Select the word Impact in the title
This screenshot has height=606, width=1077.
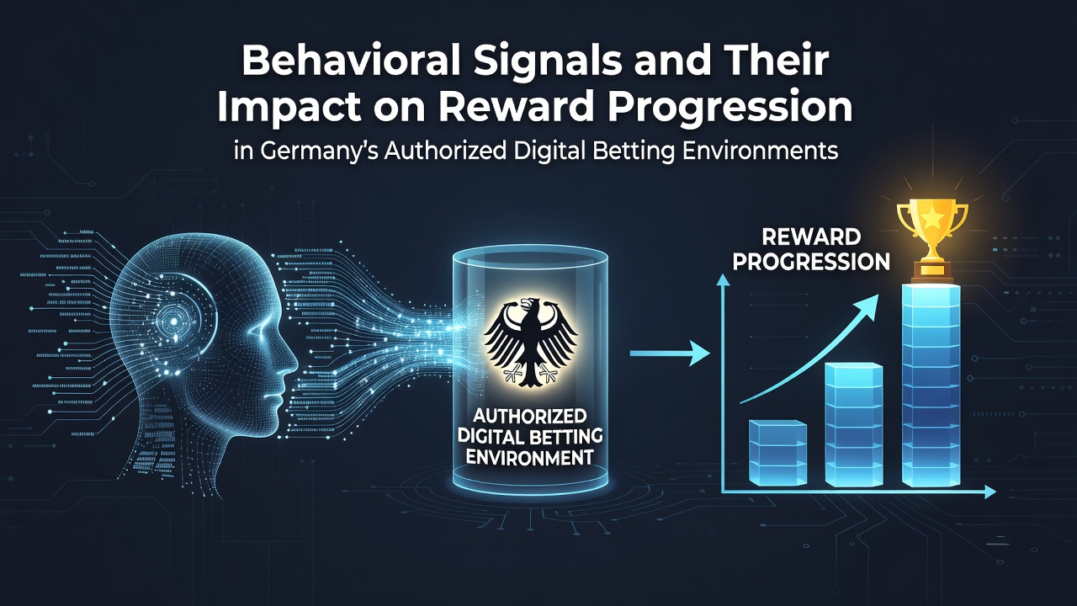288,108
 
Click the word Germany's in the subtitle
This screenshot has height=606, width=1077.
320,151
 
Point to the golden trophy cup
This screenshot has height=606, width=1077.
931,240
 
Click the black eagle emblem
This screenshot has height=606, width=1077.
531,342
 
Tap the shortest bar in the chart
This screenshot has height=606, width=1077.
778,452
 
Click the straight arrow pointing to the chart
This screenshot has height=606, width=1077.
669,353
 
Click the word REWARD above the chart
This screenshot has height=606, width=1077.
811,237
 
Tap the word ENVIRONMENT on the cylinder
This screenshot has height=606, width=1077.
529,457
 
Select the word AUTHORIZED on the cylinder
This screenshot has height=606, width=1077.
529,415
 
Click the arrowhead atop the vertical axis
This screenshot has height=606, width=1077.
723,280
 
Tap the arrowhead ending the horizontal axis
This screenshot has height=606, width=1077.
989,492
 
